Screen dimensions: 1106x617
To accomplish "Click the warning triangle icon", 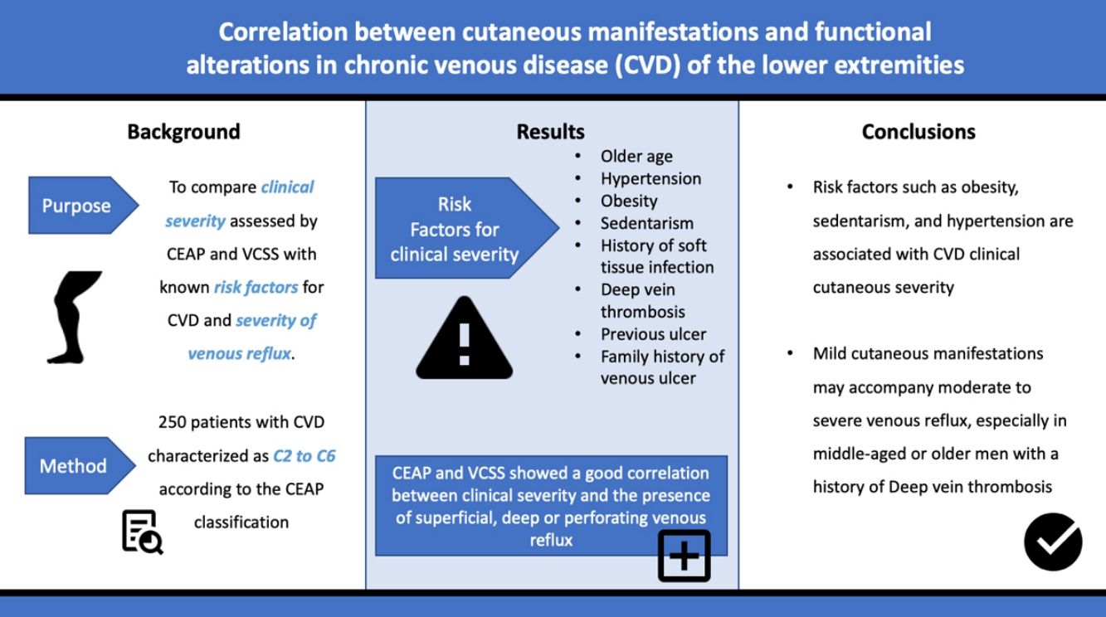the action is (464, 338).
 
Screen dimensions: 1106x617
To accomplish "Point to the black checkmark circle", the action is (1053, 542).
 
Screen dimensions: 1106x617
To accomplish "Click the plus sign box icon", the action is (685, 556).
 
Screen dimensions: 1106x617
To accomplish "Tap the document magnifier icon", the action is (142, 532).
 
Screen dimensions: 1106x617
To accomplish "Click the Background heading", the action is (183, 132).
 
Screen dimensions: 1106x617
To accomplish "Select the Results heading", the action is (551, 132).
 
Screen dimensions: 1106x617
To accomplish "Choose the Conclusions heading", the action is (918, 132).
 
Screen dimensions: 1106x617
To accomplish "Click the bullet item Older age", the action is (636, 157).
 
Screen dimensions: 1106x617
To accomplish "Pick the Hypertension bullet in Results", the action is (650, 178).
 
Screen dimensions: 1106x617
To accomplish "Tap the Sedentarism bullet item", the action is (647, 223).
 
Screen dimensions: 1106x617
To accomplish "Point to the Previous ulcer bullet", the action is (653, 334).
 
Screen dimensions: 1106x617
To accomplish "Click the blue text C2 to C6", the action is (305, 455).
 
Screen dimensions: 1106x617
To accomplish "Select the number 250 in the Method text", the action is (172, 422).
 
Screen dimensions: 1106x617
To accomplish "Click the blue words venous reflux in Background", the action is (240, 353).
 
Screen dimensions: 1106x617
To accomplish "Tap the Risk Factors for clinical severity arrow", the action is (466, 228).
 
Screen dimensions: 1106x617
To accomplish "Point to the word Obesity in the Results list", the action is (629, 202).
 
